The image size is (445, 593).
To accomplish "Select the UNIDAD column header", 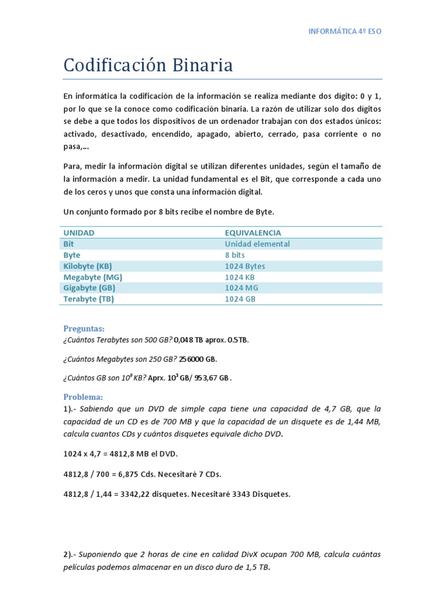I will [79, 233].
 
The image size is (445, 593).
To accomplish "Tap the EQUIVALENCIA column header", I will [253, 233].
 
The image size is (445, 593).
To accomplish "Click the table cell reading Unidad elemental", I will [257, 244].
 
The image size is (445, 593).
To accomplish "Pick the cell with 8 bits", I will [235, 255].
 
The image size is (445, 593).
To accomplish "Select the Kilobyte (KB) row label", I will [87, 266].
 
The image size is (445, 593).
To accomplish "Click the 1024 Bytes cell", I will [245, 266].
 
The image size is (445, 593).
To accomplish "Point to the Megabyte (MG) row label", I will [93, 277].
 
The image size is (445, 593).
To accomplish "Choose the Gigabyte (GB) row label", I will [89, 288].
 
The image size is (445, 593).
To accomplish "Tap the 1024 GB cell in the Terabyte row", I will [240, 299].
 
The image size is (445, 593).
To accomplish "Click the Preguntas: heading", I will [84, 328].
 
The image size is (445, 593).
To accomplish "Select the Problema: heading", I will [83, 397].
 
